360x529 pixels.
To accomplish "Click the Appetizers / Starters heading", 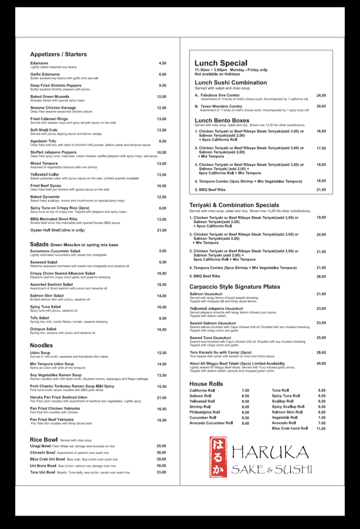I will pos(58,54).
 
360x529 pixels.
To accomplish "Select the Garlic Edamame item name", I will pos(45,75).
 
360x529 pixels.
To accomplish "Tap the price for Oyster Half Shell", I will pos(161,230).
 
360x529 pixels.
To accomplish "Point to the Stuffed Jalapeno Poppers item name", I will pos(53,153).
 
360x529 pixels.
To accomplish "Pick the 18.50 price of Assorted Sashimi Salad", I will pos(161,285).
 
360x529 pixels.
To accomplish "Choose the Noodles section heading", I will pos(41,345).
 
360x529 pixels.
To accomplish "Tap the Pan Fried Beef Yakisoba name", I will pos(52,420).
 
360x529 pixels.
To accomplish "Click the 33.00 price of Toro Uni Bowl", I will pos(161,472).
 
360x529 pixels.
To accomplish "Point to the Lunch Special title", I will pos(221,63).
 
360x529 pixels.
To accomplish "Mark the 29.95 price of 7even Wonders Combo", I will pos(321,106).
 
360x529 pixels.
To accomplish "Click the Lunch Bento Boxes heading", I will pos(222,120).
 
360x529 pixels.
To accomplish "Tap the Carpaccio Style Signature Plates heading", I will pos(235,287).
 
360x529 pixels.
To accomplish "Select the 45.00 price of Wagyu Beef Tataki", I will pos(321,364).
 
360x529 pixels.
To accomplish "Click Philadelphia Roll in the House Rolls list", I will pos(205,412).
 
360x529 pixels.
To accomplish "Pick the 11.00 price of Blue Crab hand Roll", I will pos(321,428).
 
